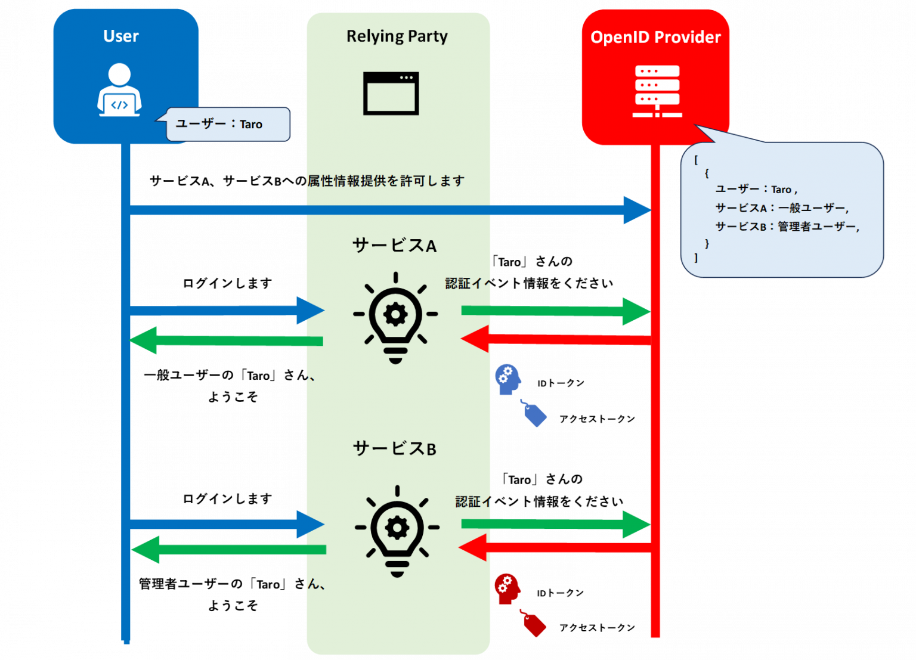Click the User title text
[120, 36]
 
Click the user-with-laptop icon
[119, 90]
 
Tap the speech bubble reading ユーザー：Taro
[228, 124]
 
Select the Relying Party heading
[397, 36]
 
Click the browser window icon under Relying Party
[391, 94]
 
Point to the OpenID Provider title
[655, 37]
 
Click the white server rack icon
[657, 91]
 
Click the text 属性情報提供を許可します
[386, 181]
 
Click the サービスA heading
[394, 245]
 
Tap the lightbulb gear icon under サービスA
[395, 317]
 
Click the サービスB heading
[394, 448]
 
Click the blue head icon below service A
[507, 379]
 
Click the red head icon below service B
[507, 588]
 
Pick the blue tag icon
[534, 413]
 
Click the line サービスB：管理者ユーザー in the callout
[787, 227]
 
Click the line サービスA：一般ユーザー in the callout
[781, 207]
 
